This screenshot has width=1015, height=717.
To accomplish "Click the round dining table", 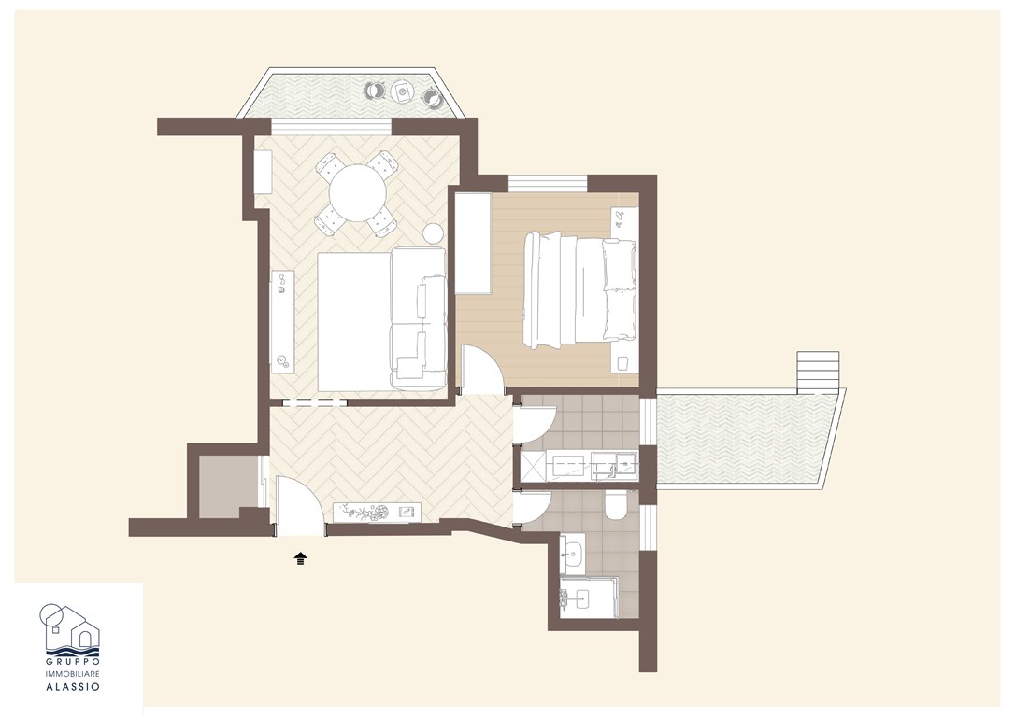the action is (x=358, y=192).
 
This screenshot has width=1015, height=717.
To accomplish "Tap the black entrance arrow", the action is (x=300, y=558).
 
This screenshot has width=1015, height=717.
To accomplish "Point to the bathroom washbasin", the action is (x=573, y=554).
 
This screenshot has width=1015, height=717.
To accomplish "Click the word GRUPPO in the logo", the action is (x=73, y=661).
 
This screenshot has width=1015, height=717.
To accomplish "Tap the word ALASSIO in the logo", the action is (x=73, y=687).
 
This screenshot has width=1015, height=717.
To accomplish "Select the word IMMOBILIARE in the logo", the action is (x=73, y=674).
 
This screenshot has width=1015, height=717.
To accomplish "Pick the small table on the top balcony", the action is (x=402, y=91).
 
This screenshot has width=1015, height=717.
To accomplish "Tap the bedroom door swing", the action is (x=482, y=369).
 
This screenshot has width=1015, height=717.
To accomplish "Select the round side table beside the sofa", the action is (x=433, y=233).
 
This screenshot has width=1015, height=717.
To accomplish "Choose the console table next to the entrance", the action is (x=378, y=512).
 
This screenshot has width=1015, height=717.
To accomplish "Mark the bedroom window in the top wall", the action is (x=548, y=183).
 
